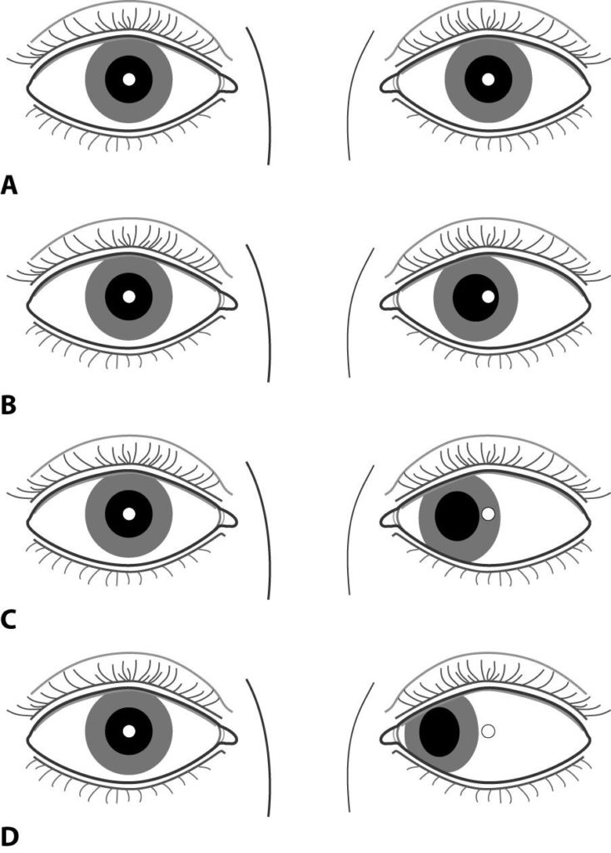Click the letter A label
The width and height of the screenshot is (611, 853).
[x=10, y=184]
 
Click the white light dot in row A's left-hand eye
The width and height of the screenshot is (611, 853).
[x=129, y=80]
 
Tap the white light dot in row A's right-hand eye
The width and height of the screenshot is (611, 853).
[x=489, y=80]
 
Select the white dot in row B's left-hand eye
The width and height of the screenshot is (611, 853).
[x=129, y=297]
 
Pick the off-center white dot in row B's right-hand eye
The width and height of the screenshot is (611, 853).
[x=489, y=297]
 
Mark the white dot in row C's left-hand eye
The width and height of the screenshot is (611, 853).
[x=129, y=514]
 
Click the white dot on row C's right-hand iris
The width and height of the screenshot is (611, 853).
[x=489, y=514]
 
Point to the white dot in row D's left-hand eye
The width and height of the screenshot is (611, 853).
[x=129, y=731]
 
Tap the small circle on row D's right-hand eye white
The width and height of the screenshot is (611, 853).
[x=489, y=731]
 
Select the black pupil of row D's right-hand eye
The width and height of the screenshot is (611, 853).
[x=440, y=731]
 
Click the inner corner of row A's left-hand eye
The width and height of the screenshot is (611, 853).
[x=228, y=83]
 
